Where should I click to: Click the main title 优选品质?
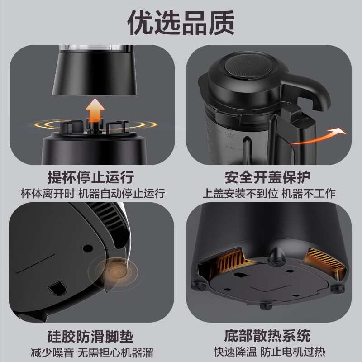pos(181,23)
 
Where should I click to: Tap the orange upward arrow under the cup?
pos(95,110)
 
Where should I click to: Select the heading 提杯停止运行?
pos(91,177)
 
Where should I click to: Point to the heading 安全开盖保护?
pos(267,177)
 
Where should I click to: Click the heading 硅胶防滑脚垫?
pos(90,336)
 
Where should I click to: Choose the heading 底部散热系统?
pos(267,336)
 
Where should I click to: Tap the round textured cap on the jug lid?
pos(248,66)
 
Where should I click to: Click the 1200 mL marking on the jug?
pos(229,135)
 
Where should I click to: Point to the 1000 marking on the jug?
pos(230,147)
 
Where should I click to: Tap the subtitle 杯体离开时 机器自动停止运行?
pos(93,193)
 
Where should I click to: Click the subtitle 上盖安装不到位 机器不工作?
pos(269,193)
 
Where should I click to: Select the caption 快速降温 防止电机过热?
pos(269,352)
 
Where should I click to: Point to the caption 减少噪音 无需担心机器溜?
pos(92,353)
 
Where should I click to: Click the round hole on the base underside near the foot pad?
pos(88,248)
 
